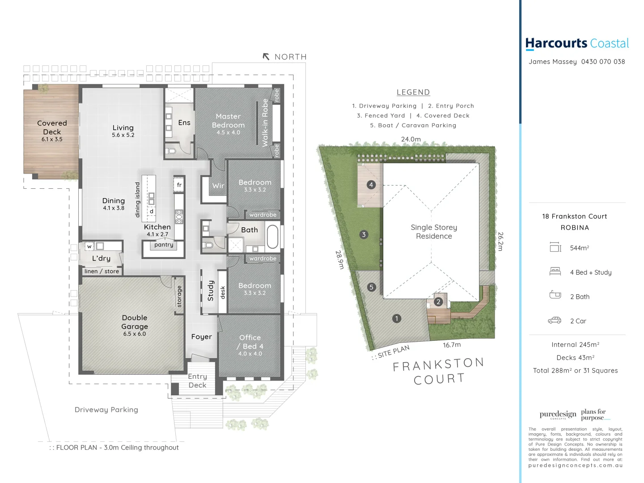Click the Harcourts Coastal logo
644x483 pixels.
(577, 43)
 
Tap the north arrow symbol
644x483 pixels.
(266, 57)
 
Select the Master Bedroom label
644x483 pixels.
(228, 121)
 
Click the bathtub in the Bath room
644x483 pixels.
(272, 237)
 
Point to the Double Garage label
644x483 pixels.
(135, 322)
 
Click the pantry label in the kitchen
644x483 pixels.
(164, 245)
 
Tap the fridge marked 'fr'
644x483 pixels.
(179, 185)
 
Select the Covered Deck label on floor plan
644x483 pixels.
(52, 127)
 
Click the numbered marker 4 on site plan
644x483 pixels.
(371, 185)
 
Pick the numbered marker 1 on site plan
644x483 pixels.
(396, 318)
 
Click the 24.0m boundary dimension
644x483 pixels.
(411, 139)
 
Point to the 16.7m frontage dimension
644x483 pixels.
(452, 345)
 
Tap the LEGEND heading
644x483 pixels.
(413, 92)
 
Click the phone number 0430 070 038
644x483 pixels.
(603, 62)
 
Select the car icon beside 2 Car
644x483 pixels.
(555, 320)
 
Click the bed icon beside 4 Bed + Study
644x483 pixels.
(555, 271)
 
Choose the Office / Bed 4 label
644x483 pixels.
(250, 342)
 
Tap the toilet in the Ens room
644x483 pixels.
(170, 151)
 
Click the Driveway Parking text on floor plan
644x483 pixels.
(106, 410)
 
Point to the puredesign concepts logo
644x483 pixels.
(558, 415)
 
